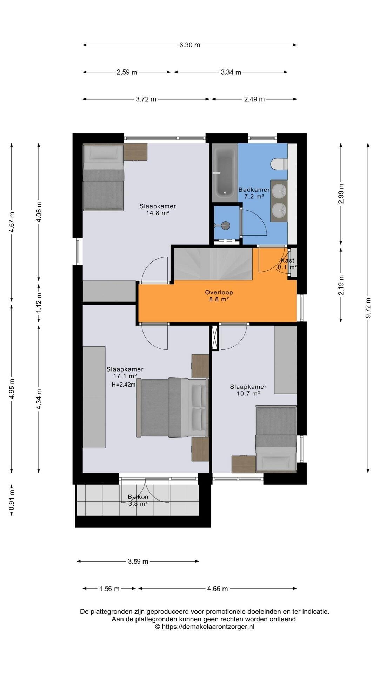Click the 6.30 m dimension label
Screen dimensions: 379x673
[x=189, y=45]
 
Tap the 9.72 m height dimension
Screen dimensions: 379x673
[x=368, y=307]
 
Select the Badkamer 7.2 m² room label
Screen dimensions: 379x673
[x=254, y=193]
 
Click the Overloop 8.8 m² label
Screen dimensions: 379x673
[x=219, y=296]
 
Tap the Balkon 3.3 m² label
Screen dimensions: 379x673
[x=138, y=500]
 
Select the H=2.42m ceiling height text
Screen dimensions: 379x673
[x=124, y=385]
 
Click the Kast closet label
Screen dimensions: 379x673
[x=287, y=260]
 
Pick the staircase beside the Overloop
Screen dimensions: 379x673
[x=214, y=264]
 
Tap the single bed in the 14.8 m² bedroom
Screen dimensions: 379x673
[x=104, y=178]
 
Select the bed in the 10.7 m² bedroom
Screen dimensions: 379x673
[x=276, y=438]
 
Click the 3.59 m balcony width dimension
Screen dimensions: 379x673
[x=138, y=562]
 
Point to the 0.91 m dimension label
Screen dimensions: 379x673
[x=12, y=501]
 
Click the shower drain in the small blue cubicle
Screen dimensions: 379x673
[x=226, y=225]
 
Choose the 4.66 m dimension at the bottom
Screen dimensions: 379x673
[x=218, y=589]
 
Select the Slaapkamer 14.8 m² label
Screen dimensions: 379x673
[x=158, y=209]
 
